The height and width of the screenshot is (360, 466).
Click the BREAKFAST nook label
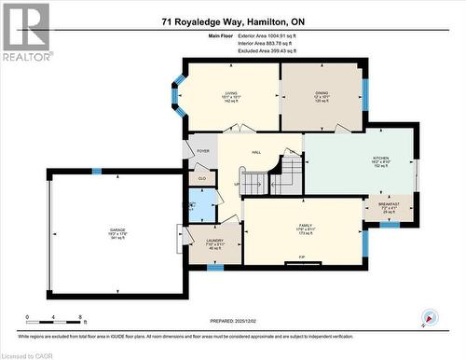click(x=389, y=204)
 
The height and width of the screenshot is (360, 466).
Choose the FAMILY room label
click(x=305, y=226)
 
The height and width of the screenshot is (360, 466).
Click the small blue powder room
click(x=201, y=204)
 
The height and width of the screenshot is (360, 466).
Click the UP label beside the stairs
click(x=237, y=183)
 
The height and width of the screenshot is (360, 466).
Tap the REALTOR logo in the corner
click(x=26, y=32)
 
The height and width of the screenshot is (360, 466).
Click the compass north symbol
click(x=428, y=317)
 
